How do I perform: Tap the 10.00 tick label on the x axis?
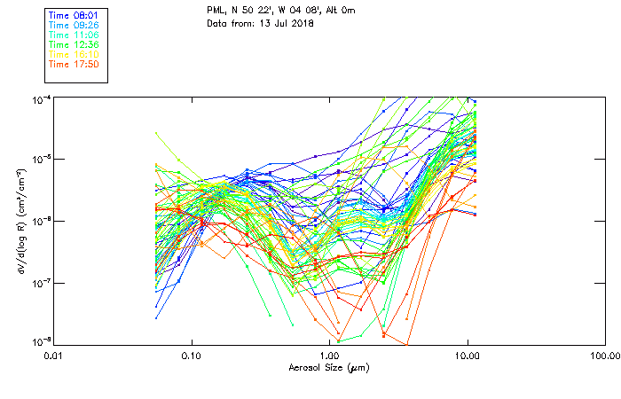pyautogui.click(x=467, y=356)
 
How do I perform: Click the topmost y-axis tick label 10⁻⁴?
pyautogui.click(x=41, y=98)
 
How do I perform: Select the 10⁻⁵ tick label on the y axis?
pyautogui.click(x=41, y=160)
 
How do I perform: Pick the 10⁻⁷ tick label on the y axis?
pyautogui.click(x=41, y=283)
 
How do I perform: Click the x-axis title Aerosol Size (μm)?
pyautogui.click(x=328, y=367)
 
